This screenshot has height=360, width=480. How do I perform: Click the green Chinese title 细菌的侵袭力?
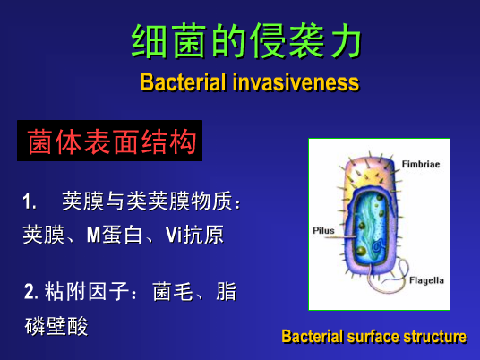tap(246, 40)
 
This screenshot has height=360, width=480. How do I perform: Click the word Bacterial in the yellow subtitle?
tap(183, 82)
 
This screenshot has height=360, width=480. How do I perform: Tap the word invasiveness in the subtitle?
tap(296, 82)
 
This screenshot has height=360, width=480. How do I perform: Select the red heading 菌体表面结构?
tap(112, 141)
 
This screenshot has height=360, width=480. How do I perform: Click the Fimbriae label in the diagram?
tap(421, 164)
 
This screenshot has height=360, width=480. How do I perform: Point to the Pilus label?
tap(323, 230)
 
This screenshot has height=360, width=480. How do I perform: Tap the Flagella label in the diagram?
tap(426, 280)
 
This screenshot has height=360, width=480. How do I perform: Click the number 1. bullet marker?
tap(30, 201)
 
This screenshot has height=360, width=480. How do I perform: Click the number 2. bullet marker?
tap(31, 291)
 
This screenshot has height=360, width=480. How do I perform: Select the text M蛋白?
tap(115, 235)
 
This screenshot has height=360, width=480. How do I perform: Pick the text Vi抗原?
tap(194, 235)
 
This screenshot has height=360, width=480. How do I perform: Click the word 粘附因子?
tap(87, 291)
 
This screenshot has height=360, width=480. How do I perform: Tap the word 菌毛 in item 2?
tap(173, 291)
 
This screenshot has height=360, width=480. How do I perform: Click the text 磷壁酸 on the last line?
tap(56, 326)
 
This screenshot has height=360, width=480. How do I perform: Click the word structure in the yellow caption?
tap(435, 337)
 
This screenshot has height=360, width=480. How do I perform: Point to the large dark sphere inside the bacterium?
tap(362, 251)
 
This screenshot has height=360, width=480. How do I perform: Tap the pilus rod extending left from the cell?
tap(340, 236)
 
